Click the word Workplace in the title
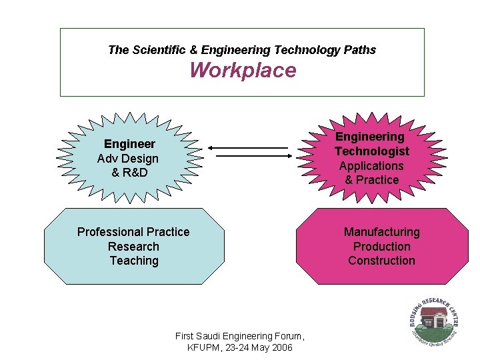point(243,70)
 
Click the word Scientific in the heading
point(158,50)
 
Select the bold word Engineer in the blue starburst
point(129,144)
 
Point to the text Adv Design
point(128,159)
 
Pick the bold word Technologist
point(372,151)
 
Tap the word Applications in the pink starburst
point(371,166)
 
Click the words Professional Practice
point(133,232)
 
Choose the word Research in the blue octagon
point(133,247)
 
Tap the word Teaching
point(134,261)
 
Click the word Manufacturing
point(381,232)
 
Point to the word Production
point(381,247)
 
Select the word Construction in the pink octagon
point(381,261)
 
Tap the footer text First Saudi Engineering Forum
point(239,336)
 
